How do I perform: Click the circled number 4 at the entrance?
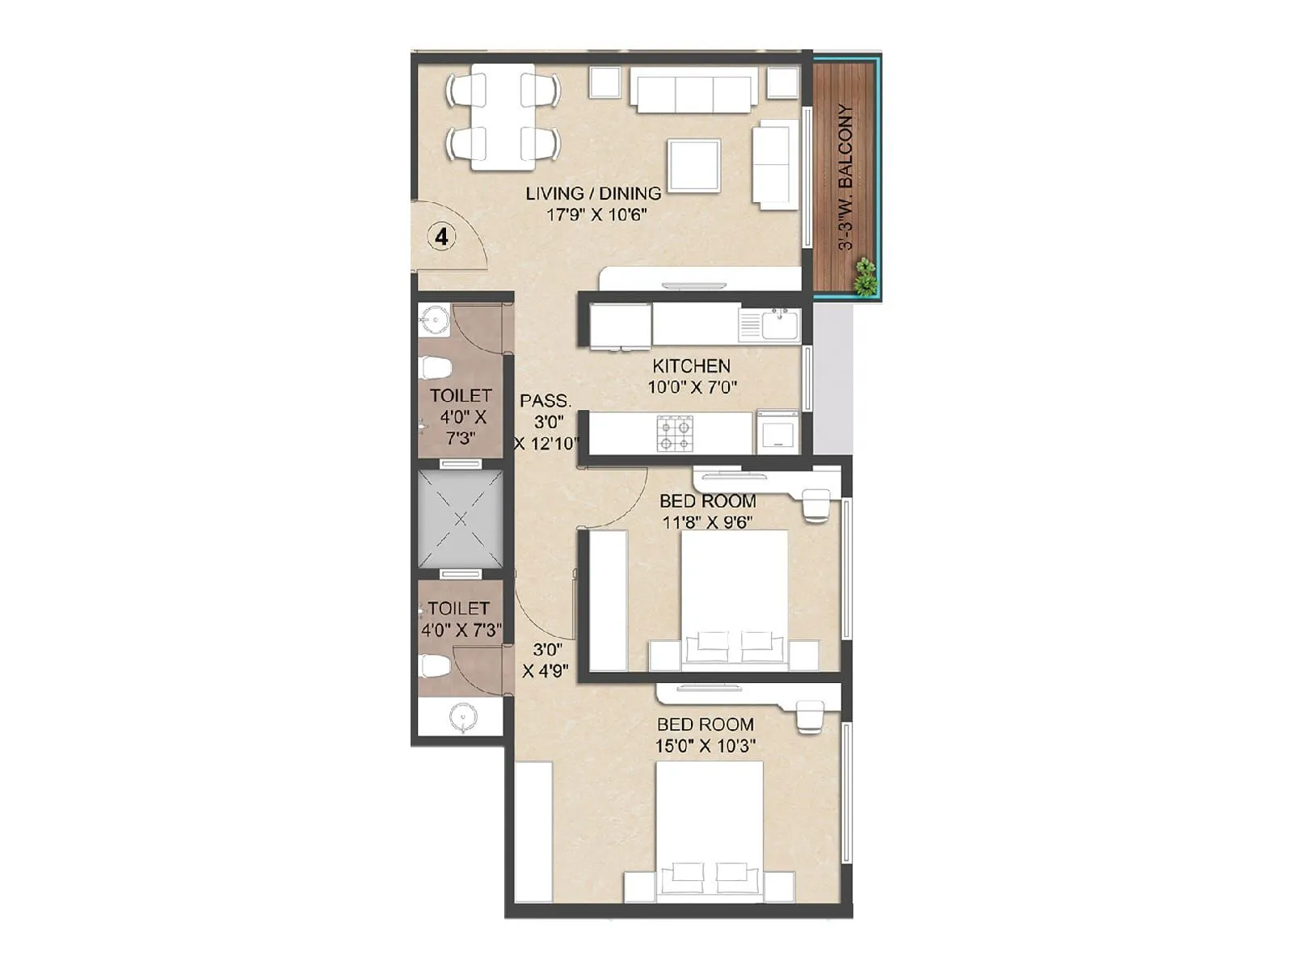point(441,237)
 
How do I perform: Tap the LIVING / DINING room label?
point(593,193)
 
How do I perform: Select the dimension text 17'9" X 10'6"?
point(597,215)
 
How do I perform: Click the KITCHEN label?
point(691,366)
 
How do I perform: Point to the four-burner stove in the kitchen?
point(675,432)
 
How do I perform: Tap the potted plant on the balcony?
point(866,276)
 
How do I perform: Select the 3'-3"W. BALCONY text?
point(846,178)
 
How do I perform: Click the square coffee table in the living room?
point(693,165)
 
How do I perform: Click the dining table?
point(503,116)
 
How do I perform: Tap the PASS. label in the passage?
point(545,401)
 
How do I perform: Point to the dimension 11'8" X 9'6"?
point(707,522)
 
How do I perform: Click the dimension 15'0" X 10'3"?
point(705,745)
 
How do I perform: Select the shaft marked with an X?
point(460,519)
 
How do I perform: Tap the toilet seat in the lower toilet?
point(434,666)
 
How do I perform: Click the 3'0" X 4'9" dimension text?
point(546,660)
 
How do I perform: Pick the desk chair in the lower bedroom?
point(809,716)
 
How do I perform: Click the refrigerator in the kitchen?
point(620,325)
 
